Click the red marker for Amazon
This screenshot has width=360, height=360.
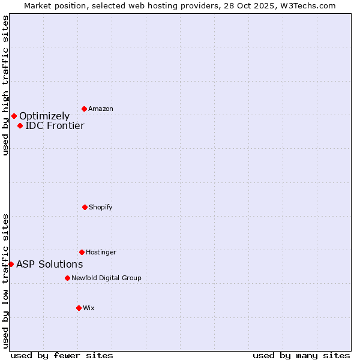(84, 109)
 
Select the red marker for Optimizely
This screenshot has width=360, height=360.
(14, 116)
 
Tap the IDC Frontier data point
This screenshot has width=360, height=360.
(20, 125)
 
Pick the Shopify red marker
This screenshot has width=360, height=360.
(85, 207)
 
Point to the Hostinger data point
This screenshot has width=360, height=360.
(82, 252)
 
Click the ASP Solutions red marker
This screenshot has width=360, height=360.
(11, 264)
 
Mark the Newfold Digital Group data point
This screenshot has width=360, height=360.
(67, 278)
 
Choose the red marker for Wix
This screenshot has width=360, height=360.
(79, 308)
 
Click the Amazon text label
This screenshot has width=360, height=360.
(101, 109)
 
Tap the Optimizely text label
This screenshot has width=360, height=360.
(44, 116)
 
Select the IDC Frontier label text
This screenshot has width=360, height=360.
(55, 125)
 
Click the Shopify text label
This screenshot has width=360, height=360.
(101, 207)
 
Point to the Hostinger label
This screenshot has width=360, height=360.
(101, 252)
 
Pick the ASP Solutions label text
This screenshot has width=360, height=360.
(49, 264)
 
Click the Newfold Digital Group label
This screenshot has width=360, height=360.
(106, 278)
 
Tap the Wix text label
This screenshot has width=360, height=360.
(89, 308)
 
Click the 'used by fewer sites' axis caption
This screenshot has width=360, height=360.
(62, 355)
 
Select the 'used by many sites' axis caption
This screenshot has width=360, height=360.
(301, 355)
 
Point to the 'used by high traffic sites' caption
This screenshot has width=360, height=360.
(5, 85)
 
